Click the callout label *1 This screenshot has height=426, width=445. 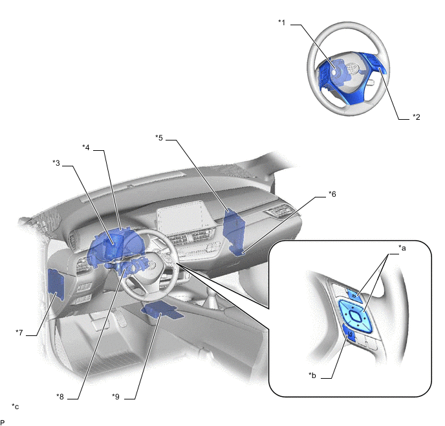click(282, 22)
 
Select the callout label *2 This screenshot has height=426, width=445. click(417, 117)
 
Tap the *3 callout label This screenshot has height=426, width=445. click(56, 163)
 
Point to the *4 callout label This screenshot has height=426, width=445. click(86, 147)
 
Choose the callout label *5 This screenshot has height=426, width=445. click(159, 137)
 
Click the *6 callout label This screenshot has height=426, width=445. click(332, 194)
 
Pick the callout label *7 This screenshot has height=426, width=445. click(19, 332)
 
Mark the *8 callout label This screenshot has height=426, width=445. click(60, 396)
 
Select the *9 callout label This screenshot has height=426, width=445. click(116, 396)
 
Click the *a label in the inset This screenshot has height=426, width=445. click(402, 248)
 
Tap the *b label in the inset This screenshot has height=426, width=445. click(312, 375)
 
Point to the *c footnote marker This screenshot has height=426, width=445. click(16, 407)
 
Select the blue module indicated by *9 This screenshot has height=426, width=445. click(162, 310)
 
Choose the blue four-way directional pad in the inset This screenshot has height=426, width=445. click(354, 315)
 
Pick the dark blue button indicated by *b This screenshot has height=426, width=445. click(349, 333)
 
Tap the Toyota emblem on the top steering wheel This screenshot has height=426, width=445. click(353, 69)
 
